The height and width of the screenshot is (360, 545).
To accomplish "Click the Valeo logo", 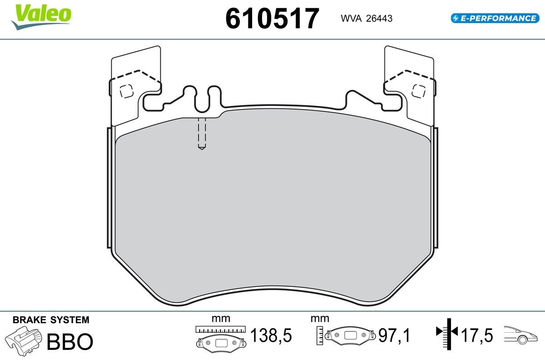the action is click(x=41, y=16).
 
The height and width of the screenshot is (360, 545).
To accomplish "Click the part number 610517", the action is click(x=272, y=18).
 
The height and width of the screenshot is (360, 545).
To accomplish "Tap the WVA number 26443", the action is click(x=379, y=19).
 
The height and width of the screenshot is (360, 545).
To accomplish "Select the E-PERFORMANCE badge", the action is click(x=495, y=18).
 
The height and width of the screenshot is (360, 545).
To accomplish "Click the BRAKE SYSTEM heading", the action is click(x=51, y=320).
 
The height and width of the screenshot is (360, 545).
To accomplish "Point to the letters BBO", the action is click(x=70, y=341).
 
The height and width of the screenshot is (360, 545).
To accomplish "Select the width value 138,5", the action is click(x=271, y=335).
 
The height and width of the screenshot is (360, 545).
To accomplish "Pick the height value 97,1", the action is click(x=394, y=335).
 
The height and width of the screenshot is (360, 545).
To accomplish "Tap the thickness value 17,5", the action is click(x=477, y=335).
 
